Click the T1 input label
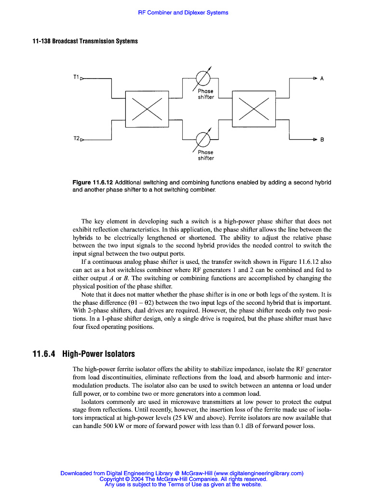[x=76, y=77]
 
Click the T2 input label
[x=76, y=139]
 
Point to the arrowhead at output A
[x=314, y=78]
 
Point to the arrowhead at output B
[x=314, y=139]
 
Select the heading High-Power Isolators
[x=98, y=354]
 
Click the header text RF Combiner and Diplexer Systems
[x=183, y=13]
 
